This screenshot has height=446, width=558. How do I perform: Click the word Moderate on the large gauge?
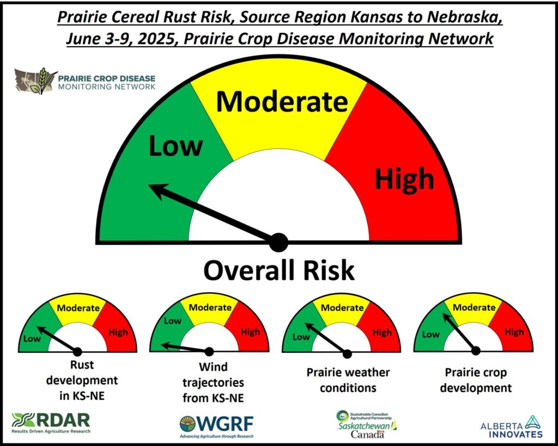(x=282, y=102)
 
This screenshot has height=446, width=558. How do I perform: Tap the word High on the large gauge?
(x=404, y=178)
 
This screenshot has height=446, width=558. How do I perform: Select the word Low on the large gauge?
(x=175, y=146)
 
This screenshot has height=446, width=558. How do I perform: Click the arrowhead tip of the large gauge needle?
(x=149, y=185)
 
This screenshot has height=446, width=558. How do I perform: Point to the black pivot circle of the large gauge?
(x=278, y=243)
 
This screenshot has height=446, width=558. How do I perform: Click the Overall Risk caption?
(x=278, y=270)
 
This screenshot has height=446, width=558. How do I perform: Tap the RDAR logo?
(x=51, y=423)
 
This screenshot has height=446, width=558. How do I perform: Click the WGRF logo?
(x=217, y=426)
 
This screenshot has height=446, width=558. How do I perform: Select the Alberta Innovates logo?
(x=511, y=427)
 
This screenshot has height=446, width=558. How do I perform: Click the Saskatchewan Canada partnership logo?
(x=367, y=424)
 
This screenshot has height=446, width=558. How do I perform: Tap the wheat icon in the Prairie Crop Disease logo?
(x=42, y=80)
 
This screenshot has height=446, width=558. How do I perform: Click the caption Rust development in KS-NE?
(x=82, y=380)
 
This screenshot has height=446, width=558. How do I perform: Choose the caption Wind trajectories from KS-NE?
(x=213, y=382)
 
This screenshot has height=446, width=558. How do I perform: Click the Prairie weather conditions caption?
(x=348, y=380)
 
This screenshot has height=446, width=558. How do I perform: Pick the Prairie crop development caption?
(x=476, y=380)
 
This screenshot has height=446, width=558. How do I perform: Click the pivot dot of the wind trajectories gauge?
(x=209, y=351)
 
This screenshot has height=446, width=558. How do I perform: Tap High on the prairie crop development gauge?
(x=514, y=332)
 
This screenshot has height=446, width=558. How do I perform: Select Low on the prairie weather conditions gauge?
(x=301, y=336)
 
